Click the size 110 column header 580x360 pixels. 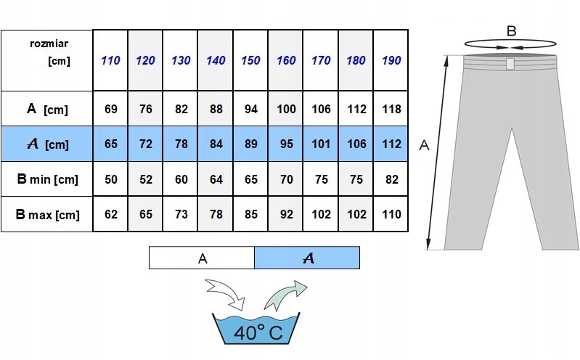[110, 60]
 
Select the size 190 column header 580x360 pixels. [391, 60]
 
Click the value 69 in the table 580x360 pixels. [110, 109]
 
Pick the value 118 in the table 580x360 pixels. [391, 109]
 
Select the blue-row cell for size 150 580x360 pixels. [250, 144]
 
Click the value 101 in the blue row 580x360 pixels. [321, 144]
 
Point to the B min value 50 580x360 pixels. [110, 179]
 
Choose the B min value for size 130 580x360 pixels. [181, 179]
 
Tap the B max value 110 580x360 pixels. [391, 214]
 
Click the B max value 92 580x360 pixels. [286, 214]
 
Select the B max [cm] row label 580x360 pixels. [47, 215]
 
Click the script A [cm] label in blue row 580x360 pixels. [48, 144]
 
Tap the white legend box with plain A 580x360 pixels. [202, 258]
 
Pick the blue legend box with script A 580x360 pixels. [307, 258]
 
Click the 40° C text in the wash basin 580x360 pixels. [258, 332]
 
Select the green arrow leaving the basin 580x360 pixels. [285, 295]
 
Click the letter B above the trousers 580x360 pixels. [511, 31]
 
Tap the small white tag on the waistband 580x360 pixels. [510, 64]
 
